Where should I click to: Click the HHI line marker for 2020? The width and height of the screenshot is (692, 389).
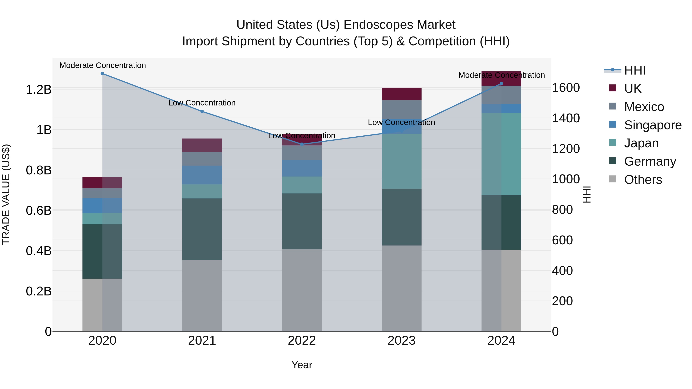(102, 74)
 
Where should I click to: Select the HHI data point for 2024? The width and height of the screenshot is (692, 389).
(501, 84)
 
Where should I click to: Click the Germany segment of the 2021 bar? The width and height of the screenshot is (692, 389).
(202, 229)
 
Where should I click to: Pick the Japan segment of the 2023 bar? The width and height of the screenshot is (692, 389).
(402, 161)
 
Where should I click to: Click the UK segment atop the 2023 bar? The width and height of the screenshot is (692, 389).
(402, 94)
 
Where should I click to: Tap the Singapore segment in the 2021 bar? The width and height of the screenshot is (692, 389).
(202, 175)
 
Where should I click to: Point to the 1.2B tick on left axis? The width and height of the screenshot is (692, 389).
(38, 90)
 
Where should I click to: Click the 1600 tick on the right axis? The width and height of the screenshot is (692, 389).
(566, 88)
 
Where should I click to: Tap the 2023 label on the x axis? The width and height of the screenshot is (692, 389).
(401, 341)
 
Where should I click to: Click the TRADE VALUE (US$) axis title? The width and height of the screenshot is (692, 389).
(6, 194)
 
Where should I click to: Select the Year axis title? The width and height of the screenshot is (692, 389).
(302, 365)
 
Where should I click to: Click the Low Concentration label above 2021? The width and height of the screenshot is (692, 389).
(202, 103)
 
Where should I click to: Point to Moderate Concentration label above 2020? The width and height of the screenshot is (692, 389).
(103, 65)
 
